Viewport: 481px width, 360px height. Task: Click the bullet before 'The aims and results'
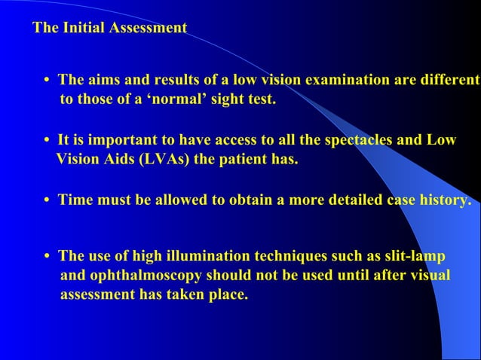tap(47, 81)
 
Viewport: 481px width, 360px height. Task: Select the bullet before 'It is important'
tap(47, 141)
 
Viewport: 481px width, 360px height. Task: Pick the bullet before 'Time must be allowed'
tap(47, 201)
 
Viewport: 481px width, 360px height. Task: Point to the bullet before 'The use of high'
tap(47, 257)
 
